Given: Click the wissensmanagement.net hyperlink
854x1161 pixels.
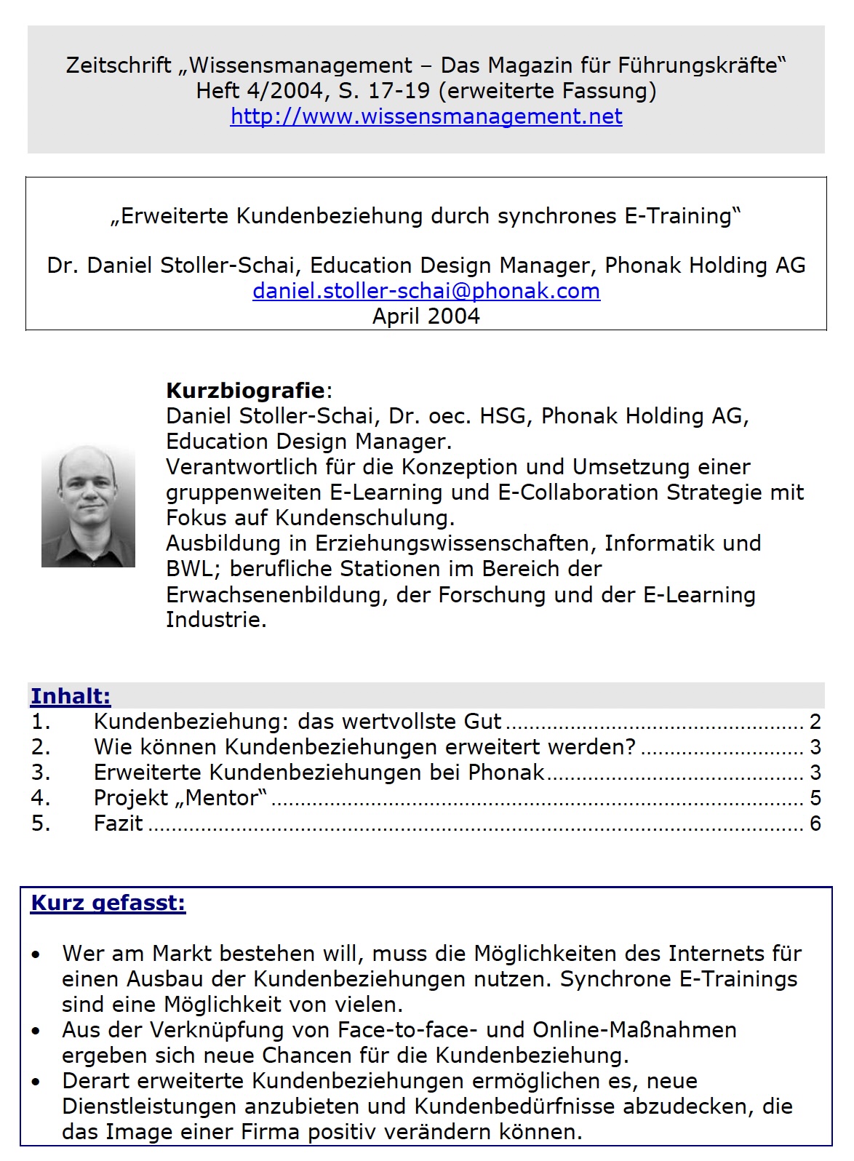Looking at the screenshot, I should pyautogui.click(x=426, y=116).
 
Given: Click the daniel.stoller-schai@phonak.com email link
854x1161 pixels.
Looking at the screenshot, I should pyautogui.click(x=426, y=291).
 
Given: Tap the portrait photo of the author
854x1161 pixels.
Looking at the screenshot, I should pyautogui.click(x=88, y=506).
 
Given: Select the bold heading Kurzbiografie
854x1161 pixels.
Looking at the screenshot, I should pyautogui.click(x=245, y=391).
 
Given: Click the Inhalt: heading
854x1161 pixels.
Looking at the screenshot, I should pyautogui.click(x=71, y=696).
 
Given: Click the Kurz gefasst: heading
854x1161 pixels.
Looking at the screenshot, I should pyautogui.click(x=108, y=903).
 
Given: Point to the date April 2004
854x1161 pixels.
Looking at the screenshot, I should pyautogui.click(x=426, y=316).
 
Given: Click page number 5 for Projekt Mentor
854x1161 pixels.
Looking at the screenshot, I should pyautogui.click(x=815, y=798).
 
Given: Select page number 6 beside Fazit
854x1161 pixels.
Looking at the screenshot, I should pyautogui.click(x=815, y=823).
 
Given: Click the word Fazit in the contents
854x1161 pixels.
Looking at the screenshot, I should pyautogui.click(x=119, y=823).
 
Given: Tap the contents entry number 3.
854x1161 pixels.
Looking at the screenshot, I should pyautogui.click(x=41, y=773).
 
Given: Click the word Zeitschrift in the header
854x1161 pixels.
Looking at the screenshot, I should pyautogui.click(x=119, y=65).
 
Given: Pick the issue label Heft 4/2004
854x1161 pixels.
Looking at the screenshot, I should pyautogui.click(x=260, y=91).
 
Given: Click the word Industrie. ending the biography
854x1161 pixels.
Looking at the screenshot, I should pyautogui.click(x=216, y=620).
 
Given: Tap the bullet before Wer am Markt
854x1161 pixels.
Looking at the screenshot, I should pyautogui.click(x=36, y=954).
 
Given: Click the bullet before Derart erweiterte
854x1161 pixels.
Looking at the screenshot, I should pyautogui.click(x=36, y=1082).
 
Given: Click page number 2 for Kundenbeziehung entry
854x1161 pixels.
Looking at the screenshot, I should pyautogui.click(x=815, y=722).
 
